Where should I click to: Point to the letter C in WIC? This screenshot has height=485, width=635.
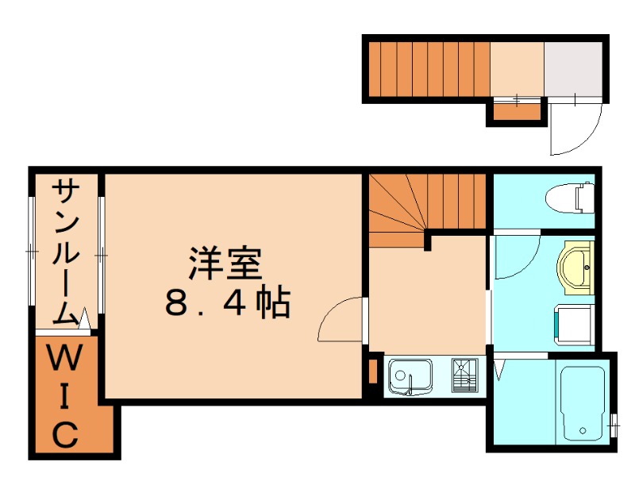[x=65, y=434]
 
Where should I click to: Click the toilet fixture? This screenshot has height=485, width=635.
[x=572, y=197]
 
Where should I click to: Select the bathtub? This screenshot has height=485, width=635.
[x=583, y=402]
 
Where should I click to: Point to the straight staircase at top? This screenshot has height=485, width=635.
[x=429, y=68]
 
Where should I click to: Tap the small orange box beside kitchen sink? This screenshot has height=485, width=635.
[x=372, y=371]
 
